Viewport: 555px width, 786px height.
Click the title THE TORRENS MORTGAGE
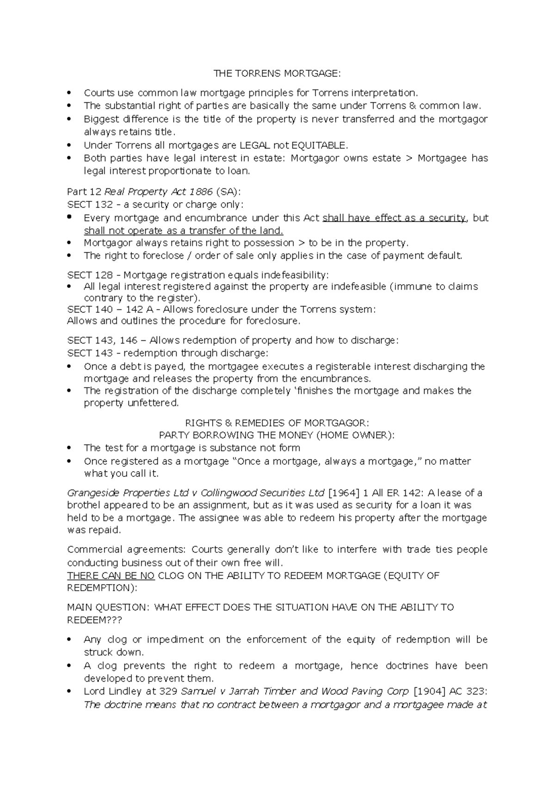click(277, 74)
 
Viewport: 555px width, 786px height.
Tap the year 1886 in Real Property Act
click(202, 192)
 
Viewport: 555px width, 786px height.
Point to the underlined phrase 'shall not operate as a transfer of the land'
click(183, 231)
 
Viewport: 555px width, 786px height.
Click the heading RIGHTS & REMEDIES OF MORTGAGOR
click(277, 423)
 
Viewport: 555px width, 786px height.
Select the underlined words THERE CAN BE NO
click(111, 576)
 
